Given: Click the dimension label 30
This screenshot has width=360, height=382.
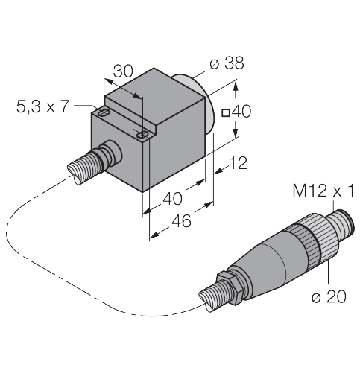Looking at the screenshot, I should tap(122, 71).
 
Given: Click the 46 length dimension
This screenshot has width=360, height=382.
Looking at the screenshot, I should tap(180, 221).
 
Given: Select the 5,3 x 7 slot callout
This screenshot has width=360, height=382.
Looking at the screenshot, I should tap(43, 106).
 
